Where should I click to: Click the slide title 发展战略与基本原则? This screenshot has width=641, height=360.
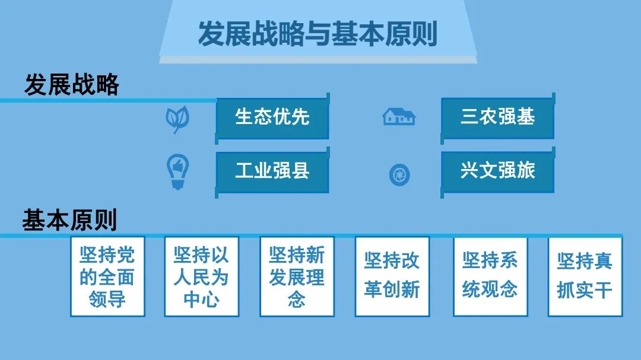tap(318, 34)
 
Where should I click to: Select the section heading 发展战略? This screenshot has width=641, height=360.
tap(71, 85)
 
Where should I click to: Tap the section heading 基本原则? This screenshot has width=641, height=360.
tap(69, 220)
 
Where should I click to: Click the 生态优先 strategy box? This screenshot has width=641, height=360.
tap(272, 117)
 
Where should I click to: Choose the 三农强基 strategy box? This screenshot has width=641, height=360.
tap(497, 117)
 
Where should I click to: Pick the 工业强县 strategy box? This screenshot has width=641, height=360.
tap(272, 171)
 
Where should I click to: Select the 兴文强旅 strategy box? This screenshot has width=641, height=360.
tap(497, 171)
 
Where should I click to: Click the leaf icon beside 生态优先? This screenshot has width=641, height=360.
tap(177, 119)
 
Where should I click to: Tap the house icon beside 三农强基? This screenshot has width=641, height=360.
tap(399, 116)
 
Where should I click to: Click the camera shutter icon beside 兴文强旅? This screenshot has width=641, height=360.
tap(399, 175)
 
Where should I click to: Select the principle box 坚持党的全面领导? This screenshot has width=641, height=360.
tap(107, 276)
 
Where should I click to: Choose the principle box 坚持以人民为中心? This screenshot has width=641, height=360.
tap(201, 276)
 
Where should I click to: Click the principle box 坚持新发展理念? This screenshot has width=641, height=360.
tap(297, 276)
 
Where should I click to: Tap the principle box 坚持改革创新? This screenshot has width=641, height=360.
tap(392, 276)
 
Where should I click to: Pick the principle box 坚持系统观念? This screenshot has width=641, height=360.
tap(490, 276)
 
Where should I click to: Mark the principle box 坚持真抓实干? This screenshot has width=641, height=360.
tap(585, 276)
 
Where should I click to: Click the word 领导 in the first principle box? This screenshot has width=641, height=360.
tap(107, 299)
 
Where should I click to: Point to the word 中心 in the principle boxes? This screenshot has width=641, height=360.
tap(201, 299)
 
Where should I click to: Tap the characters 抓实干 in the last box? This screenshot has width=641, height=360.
tap(585, 291)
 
